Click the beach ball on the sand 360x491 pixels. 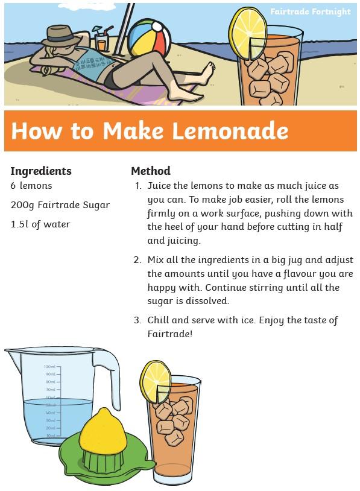[150, 38]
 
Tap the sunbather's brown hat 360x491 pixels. [61, 36]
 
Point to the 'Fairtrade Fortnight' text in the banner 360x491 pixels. [310, 11]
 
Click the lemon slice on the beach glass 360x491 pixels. [248, 33]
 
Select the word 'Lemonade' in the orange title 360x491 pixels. [230, 130]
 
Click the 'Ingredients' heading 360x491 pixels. [41, 171]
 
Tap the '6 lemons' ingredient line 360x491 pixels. [31, 185]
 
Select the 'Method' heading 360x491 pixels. [151, 171]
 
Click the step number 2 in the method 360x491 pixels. [137, 260]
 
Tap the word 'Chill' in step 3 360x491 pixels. [158, 320]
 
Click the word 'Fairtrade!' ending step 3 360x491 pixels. [169, 334]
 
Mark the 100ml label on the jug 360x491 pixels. [49, 367]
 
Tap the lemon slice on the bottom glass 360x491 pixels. [156, 382]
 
